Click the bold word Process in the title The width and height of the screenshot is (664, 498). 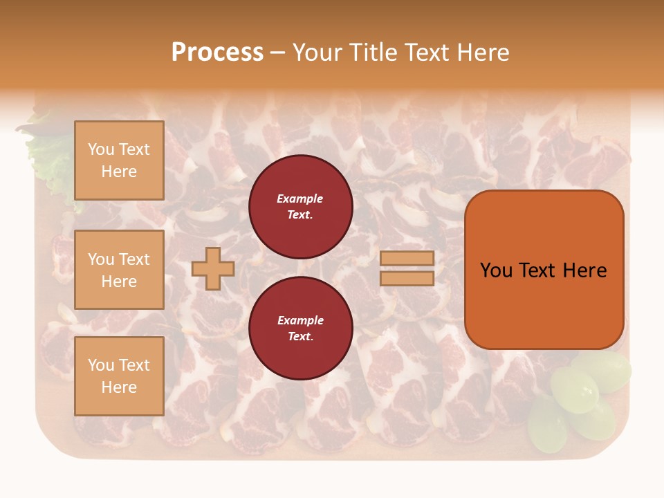point(217,53)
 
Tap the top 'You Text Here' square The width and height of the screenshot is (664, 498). point(119,160)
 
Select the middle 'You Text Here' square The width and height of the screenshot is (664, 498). point(119,270)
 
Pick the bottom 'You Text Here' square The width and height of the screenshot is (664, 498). point(119,376)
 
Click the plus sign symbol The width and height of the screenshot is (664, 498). point(213,268)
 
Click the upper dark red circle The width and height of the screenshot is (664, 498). point(300,207)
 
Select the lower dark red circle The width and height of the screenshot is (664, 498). point(300,329)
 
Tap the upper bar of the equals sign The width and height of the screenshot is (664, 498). point(407,258)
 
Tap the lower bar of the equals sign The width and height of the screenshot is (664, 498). point(407,279)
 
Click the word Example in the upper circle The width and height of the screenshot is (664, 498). point(300,199)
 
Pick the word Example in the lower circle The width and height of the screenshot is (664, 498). point(300,320)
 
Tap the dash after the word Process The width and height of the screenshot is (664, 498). point(277,53)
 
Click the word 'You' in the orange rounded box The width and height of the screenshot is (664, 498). point(497,270)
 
